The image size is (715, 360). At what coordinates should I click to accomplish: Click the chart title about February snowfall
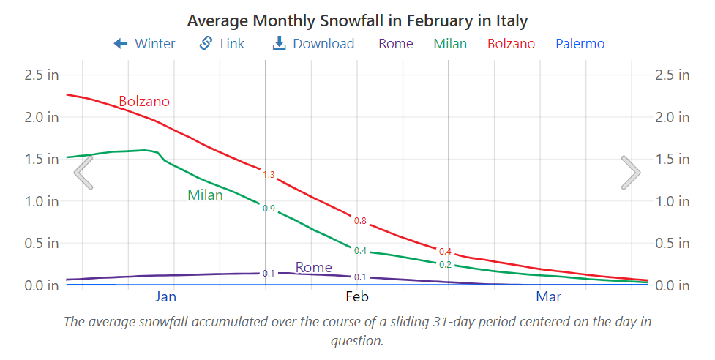click(357, 20)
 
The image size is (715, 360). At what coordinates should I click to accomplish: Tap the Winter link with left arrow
click(144, 44)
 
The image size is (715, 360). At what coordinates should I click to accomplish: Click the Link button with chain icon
click(222, 44)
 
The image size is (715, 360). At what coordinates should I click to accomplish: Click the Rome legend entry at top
click(395, 44)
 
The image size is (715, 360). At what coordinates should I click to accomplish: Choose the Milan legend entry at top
click(450, 44)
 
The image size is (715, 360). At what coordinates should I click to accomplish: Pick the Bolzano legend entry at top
click(511, 44)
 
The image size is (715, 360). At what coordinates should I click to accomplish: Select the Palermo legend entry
click(580, 44)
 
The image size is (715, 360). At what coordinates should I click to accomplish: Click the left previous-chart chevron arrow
click(83, 173)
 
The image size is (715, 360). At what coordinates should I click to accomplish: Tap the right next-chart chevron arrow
click(631, 173)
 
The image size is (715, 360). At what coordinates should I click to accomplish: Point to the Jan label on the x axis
click(166, 296)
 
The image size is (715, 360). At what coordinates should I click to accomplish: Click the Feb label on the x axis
click(357, 296)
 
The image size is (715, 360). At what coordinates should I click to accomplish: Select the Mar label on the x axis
click(549, 296)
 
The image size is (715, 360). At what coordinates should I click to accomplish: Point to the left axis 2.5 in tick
click(42, 75)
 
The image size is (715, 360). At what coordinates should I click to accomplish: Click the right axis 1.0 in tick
click(672, 201)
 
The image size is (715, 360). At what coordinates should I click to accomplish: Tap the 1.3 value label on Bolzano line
click(269, 175)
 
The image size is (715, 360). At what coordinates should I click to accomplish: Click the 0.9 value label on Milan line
click(269, 209)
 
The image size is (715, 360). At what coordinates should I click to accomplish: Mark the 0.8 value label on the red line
click(360, 221)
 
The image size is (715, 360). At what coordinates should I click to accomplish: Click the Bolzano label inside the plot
click(144, 102)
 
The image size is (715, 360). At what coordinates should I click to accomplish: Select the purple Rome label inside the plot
click(313, 268)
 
